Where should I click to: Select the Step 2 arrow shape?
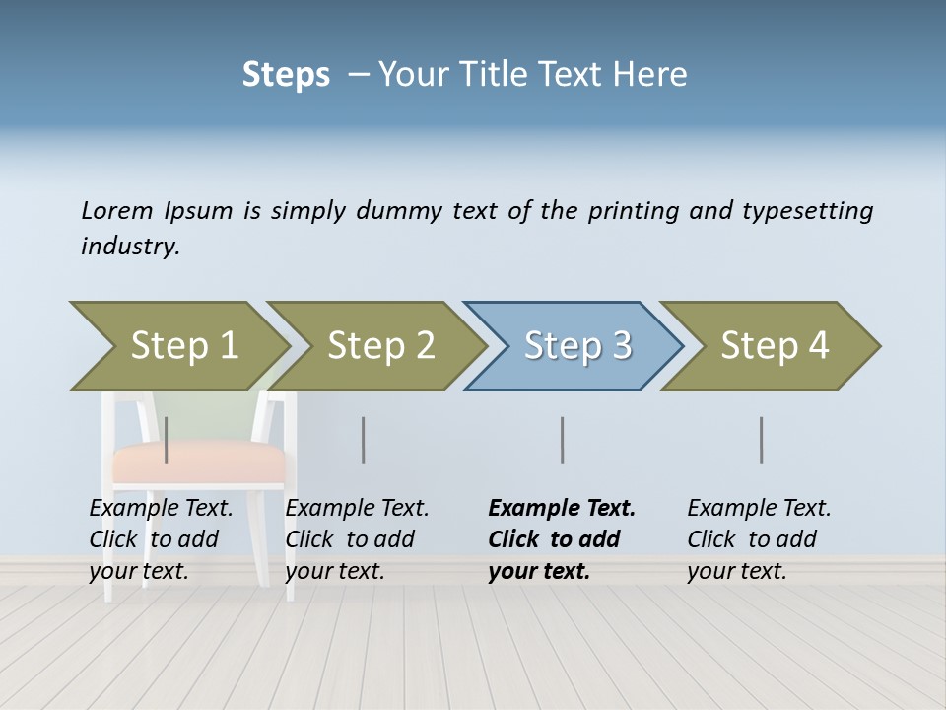[380, 346]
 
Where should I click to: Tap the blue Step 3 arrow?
[577, 346]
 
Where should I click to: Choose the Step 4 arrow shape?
[775, 346]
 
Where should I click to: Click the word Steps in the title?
[286, 75]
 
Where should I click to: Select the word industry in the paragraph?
[129, 247]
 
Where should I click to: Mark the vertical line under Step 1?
[167, 440]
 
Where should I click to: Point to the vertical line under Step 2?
[364, 440]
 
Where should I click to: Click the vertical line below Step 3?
[563, 440]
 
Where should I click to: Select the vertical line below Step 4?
[762, 440]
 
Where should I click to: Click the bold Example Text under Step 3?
[562, 538]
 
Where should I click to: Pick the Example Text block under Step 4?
[759, 538]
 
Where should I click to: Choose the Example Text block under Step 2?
[357, 538]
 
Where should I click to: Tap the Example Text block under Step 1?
[161, 538]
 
